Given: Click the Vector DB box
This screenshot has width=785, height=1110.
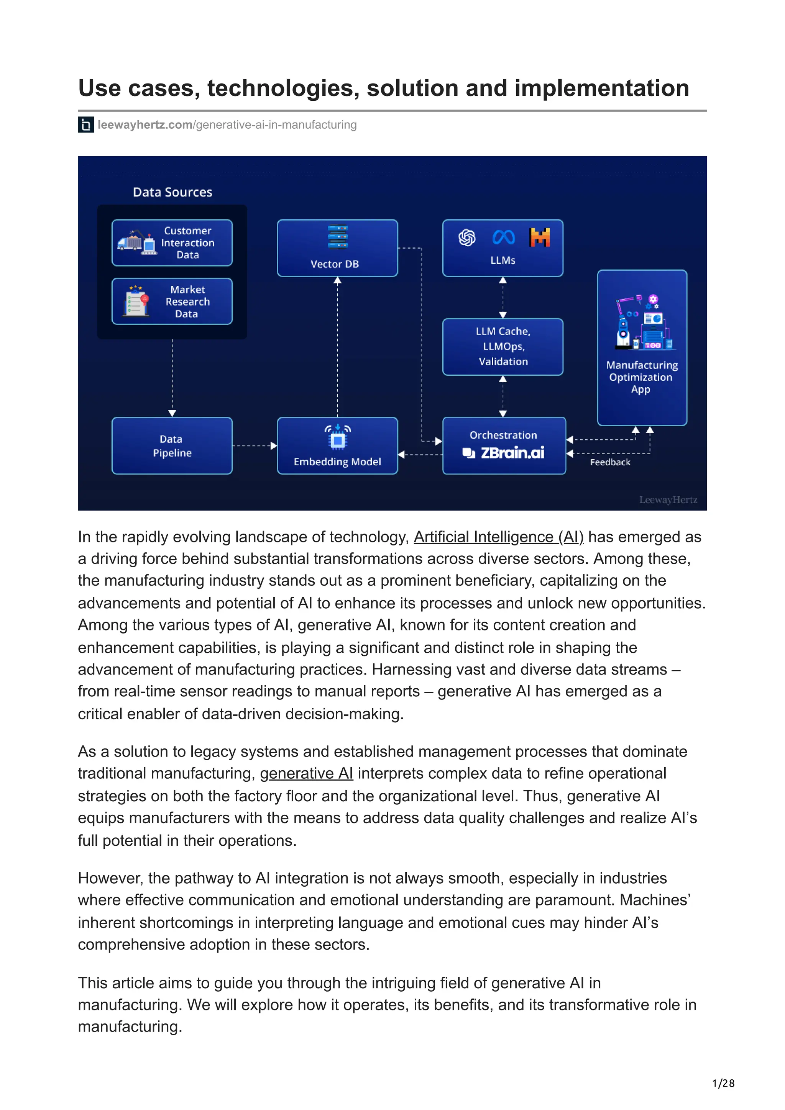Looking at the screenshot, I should [337, 248].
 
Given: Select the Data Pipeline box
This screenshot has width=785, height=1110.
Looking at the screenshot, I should [172, 445].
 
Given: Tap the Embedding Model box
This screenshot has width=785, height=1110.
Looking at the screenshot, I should [337, 445].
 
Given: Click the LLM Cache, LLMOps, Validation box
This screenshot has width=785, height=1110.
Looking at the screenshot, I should [503, 346].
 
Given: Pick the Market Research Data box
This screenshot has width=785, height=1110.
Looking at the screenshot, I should [172, 301].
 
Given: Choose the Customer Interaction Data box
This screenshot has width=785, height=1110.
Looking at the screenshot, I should [172, 243].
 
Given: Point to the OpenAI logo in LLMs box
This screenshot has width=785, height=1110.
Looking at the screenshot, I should [467, 237].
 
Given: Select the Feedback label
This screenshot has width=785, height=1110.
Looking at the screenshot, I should [610, 462].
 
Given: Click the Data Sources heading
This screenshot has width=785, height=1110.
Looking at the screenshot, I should [172, 192].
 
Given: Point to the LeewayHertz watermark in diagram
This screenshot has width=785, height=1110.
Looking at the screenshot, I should [668, 500].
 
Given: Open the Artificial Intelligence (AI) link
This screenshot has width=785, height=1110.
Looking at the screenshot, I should [499, 537].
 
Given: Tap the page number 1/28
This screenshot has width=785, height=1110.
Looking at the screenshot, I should [723, 1083].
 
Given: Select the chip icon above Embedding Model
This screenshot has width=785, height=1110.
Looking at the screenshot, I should [338, 439].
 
